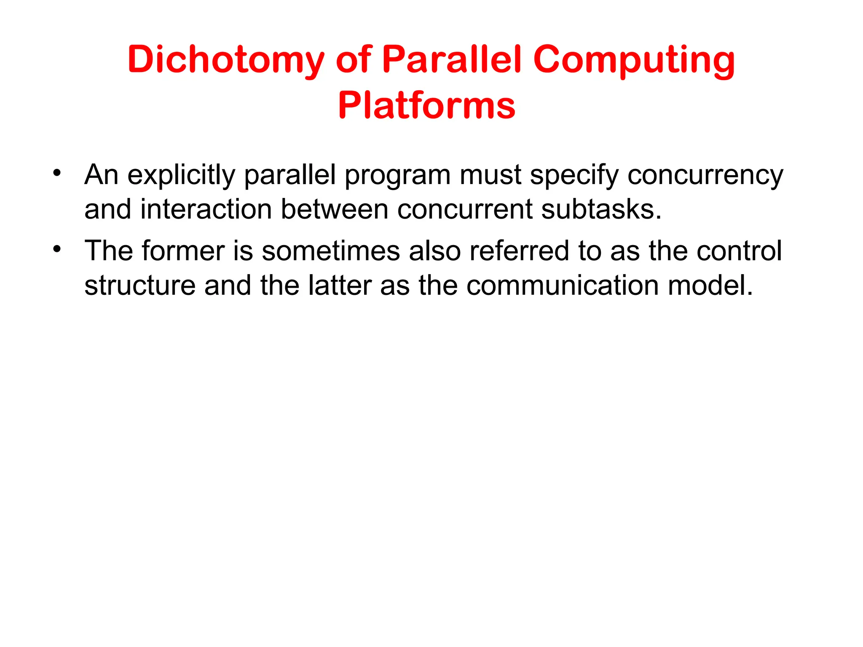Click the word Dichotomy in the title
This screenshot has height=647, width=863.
[226, 60]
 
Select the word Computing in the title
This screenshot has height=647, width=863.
[634, 60]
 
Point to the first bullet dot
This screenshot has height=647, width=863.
[58, 173]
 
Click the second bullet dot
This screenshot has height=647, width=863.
[58, 249]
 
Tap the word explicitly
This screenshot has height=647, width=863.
[181, 175]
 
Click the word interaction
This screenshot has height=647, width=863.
[206, 209]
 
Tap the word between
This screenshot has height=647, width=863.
[334, 209]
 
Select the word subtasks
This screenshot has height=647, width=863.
[601, 209]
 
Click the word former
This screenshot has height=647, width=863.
[183, 251]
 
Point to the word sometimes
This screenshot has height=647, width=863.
[330, 251]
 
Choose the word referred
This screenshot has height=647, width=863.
[519, 251]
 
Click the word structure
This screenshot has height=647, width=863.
[140, 286]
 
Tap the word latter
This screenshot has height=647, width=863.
[340, 286]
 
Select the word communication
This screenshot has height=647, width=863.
[562, 286]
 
